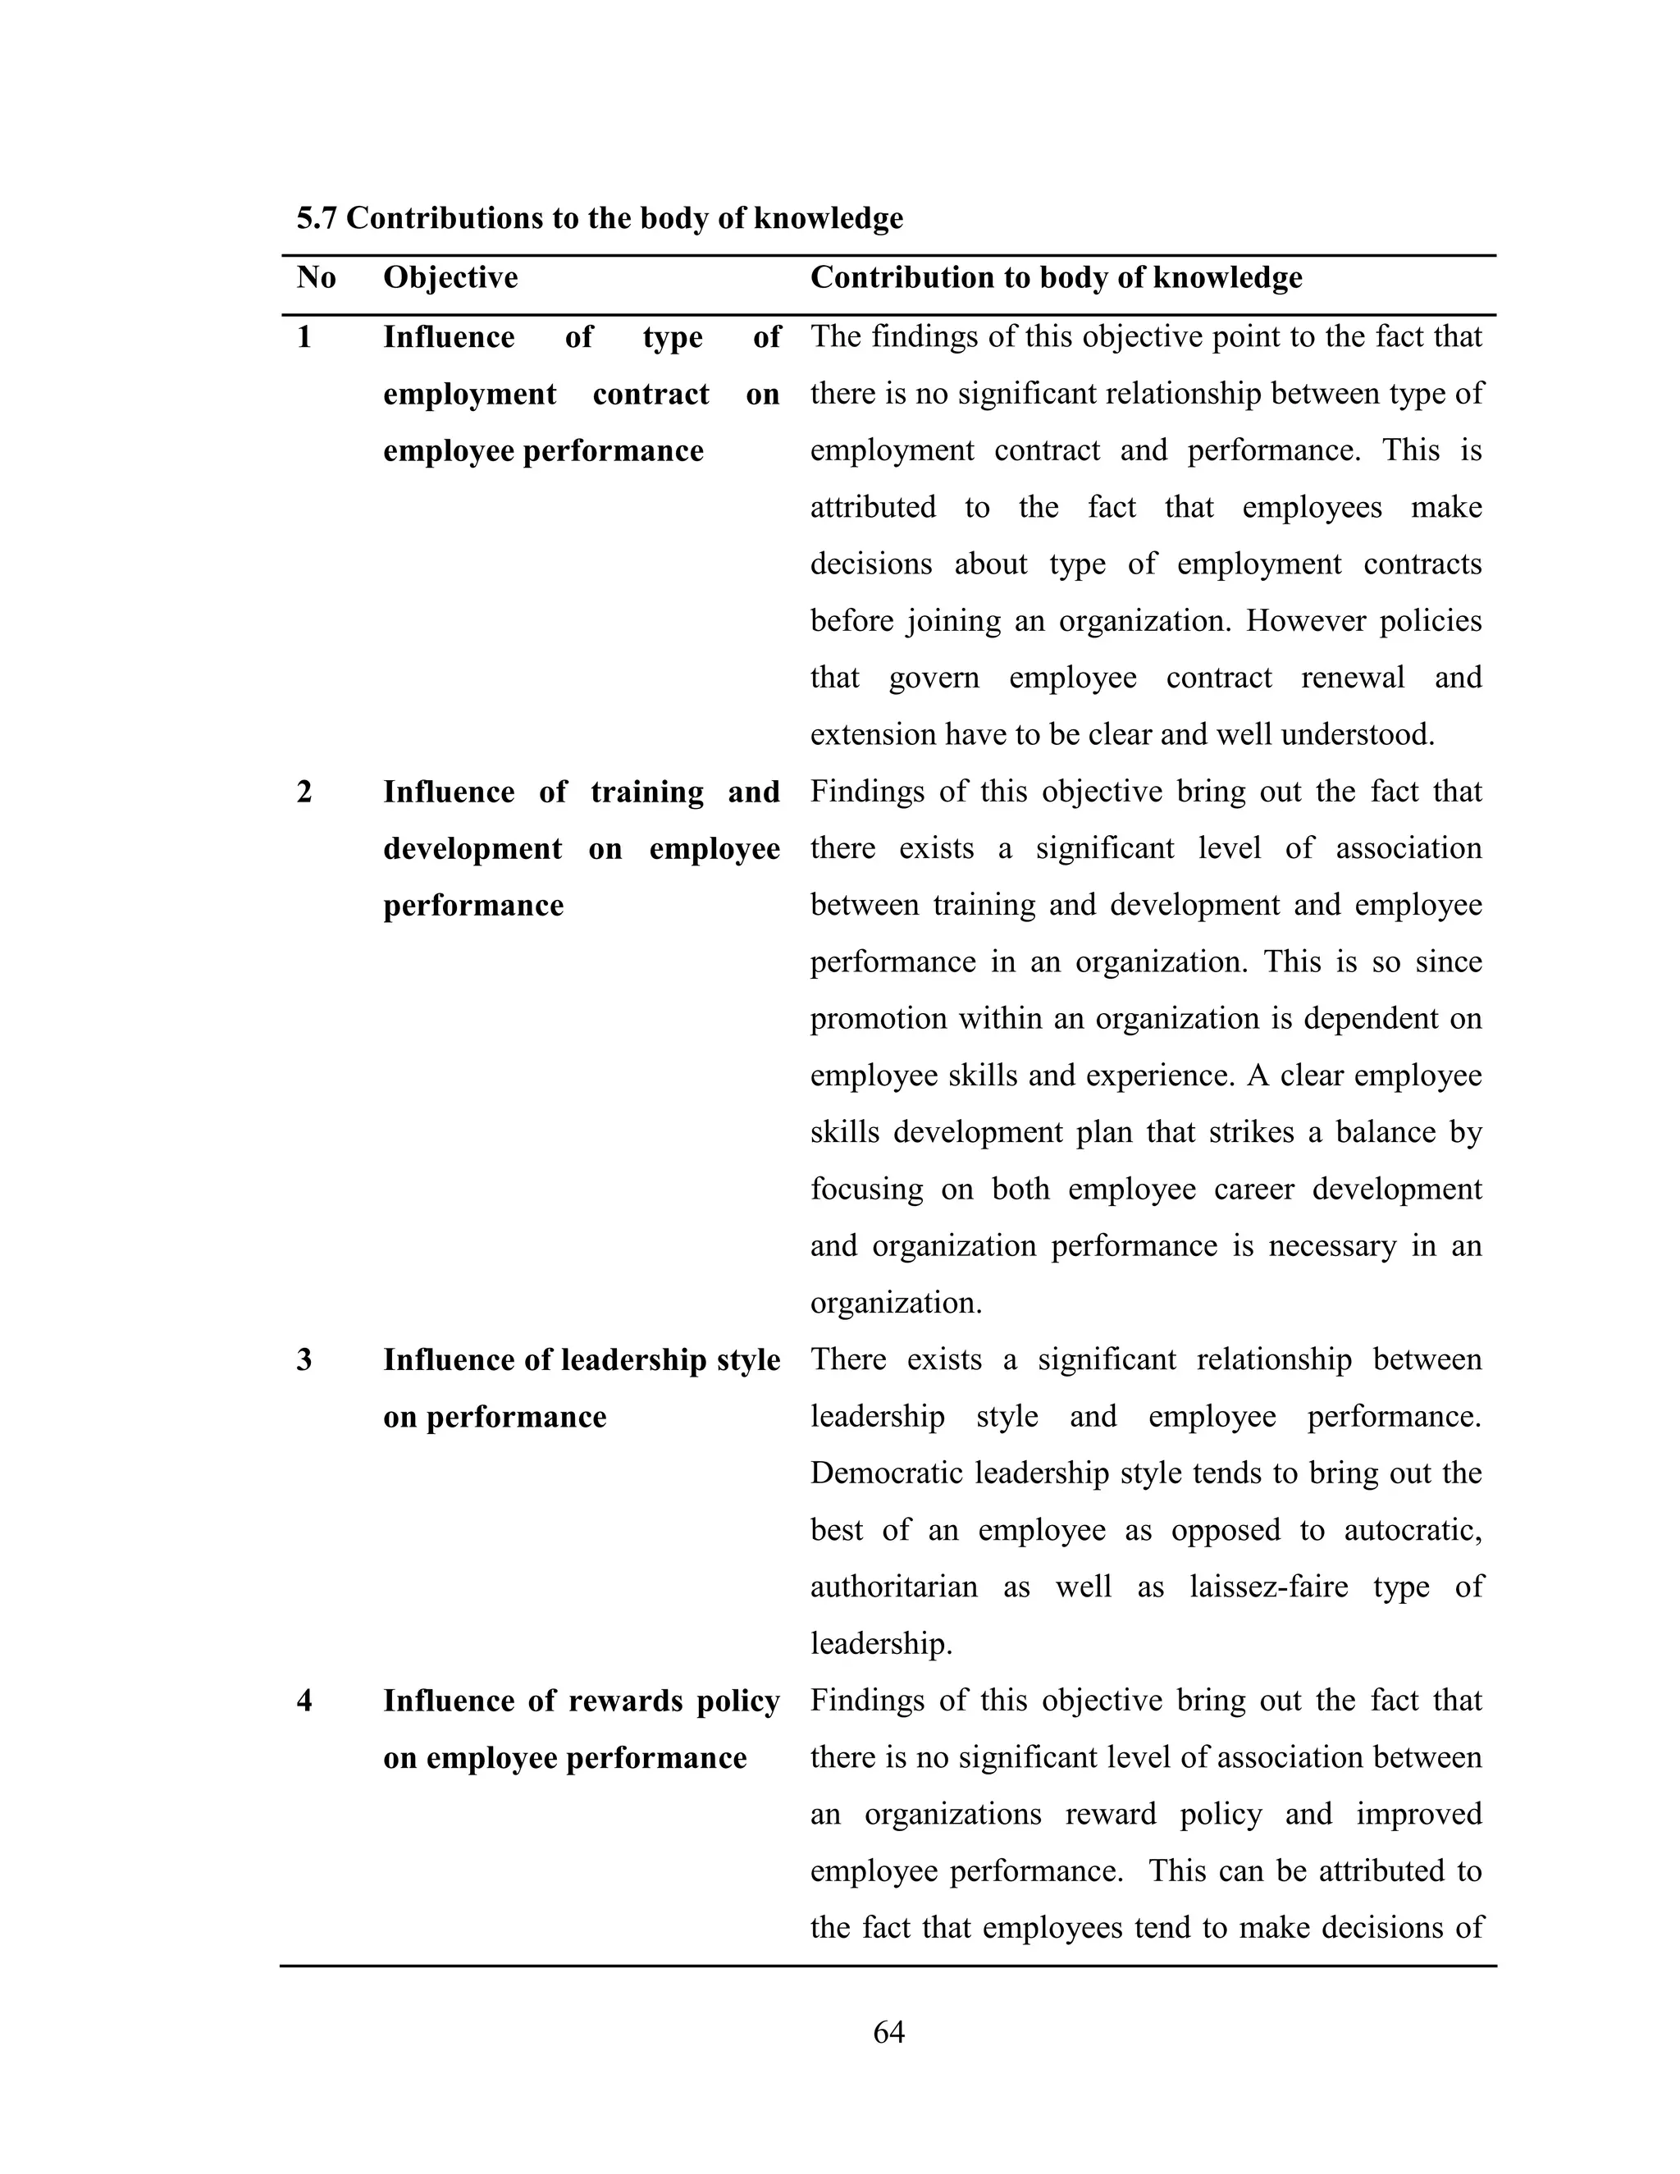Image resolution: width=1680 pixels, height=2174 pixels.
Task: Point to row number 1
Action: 304,337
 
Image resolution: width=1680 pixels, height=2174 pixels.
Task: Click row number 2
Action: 304,792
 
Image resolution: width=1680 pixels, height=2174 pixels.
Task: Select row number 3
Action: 304,1359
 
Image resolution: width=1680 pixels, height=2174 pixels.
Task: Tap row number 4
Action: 304,1701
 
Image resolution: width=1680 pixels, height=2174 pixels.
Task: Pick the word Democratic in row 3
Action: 888,1473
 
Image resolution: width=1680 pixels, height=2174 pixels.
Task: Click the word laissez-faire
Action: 1268,1587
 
